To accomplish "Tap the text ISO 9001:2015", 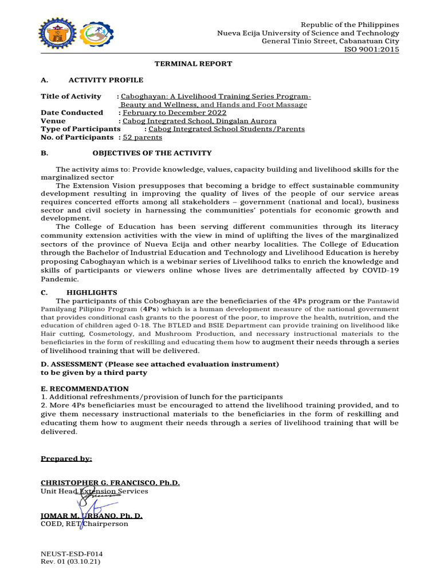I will click(x=371, y=49).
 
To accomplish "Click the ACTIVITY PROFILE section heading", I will click(x=106, y=80).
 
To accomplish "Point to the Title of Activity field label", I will click(x=71, y=96).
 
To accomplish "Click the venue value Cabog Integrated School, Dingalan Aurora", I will click(x=199, y=121).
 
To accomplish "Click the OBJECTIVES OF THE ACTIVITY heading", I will click(x=152, y=153).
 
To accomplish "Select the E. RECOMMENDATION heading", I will click(x=85, y=389).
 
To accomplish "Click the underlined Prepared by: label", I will click(x=66, y=459).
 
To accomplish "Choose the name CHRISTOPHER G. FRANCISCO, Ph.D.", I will click(x=110, y=483).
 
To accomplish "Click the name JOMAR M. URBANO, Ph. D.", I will click(x=92, y=516).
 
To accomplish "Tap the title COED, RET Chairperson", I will click(x=84, y=524).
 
